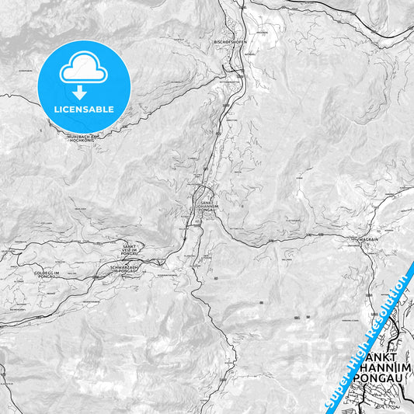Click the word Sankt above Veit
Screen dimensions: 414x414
coord(129,245)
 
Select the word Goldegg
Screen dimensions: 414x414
coord(44,273)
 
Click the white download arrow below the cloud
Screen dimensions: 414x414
coord(83,91)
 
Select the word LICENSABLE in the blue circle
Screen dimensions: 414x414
coord(83,109)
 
